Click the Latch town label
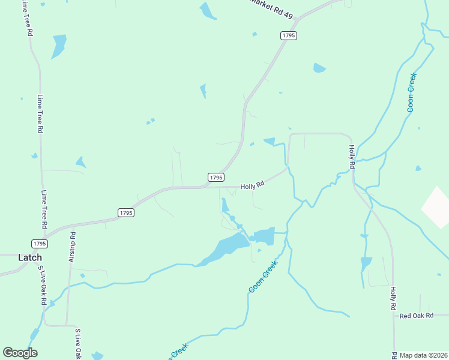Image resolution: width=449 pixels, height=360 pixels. pos(30,257)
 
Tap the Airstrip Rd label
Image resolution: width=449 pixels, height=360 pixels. pos(72,247)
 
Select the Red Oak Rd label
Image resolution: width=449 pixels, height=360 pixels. pos(416,316)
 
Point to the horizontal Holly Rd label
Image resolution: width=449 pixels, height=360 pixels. pos(252,187)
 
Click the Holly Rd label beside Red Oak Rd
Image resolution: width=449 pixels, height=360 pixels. pos(394,298)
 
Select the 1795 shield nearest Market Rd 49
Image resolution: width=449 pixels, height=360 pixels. pos(289,36)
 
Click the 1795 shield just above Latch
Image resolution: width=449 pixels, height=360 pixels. pos(40,243)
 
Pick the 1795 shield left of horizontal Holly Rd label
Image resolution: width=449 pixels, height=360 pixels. pos(216,177)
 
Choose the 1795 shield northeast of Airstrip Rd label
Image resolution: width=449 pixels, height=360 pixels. pos(125,212)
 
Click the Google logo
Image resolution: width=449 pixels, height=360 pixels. pos(20,353)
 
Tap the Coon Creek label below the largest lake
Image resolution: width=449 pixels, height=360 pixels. pos(264,277)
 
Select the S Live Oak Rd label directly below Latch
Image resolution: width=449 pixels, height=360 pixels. pos(41,285)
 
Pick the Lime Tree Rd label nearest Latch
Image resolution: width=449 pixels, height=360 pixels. pos(43,209)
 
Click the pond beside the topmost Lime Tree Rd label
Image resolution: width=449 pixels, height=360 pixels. pos(58,46)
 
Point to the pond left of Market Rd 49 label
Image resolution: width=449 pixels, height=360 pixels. pos(206,10)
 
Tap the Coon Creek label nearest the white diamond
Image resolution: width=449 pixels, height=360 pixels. pos(411,92)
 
